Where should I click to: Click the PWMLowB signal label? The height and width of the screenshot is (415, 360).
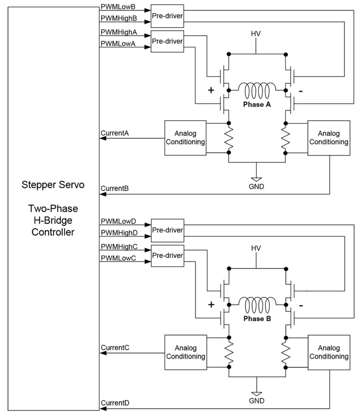click(118, 7)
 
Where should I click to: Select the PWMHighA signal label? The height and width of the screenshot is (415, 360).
click(119, 32)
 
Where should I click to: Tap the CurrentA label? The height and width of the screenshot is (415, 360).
click(115, 133)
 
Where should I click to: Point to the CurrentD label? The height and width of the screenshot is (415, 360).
click(115, 403)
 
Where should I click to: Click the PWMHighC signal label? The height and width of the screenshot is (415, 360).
click(119, 247)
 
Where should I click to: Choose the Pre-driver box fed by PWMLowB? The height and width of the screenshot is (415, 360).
click(167, 16)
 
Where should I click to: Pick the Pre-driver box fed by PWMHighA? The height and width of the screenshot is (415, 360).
click(167, 41)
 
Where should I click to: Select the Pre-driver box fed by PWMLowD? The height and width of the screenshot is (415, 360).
click(168, 230)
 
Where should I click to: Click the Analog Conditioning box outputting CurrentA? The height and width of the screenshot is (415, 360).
click(185, 138)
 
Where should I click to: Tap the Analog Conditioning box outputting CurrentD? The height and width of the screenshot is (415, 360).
click(329, 352)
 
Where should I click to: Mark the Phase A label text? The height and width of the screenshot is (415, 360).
click(257, 105)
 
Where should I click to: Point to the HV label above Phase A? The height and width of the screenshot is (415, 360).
click(256, 34)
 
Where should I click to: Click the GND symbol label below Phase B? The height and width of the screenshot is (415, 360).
click(256, 400)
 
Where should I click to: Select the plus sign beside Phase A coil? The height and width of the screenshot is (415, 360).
click(211, 90)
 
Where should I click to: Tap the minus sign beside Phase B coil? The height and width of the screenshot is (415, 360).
click(301, 306)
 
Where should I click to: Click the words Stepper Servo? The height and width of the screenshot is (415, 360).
click(53, 185)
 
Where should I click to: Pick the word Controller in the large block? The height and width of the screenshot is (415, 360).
click(53, 232)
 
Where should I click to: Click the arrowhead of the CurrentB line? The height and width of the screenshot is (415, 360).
click(103, 194)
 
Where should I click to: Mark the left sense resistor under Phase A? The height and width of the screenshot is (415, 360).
click(229, 138)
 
